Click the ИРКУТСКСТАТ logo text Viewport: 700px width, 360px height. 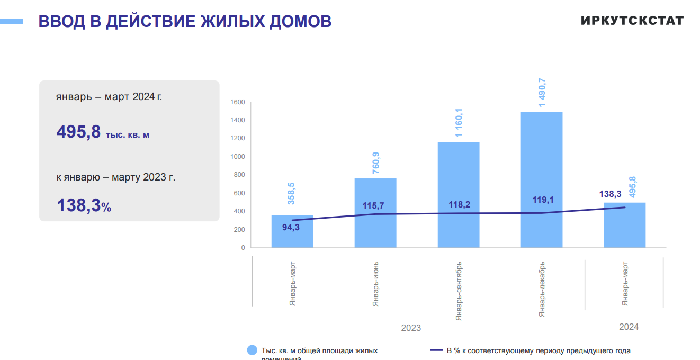[x=632, y=21]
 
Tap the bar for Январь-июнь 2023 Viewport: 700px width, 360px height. [x=375, y=228]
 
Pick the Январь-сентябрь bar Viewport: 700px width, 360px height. [x=459, y=175]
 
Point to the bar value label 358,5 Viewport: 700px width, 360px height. [x=291, y=193]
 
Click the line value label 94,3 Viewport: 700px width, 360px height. [x=291, y=228]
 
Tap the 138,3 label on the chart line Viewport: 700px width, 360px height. [x=611, y=195]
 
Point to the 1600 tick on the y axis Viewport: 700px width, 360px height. [x=238, y=102]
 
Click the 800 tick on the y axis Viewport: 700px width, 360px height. [x=240, y=175]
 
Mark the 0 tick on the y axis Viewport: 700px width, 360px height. [x=243, y=247]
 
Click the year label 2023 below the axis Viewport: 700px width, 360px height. [x=411, y=328]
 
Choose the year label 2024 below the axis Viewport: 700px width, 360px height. [x=629, y=327]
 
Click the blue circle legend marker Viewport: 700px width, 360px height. [x=253, y=350]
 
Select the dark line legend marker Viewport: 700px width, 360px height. [x=436, y=350]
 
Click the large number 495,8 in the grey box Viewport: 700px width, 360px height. [x=78, y=132]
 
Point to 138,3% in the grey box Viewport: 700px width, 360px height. [x=84, y=205]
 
